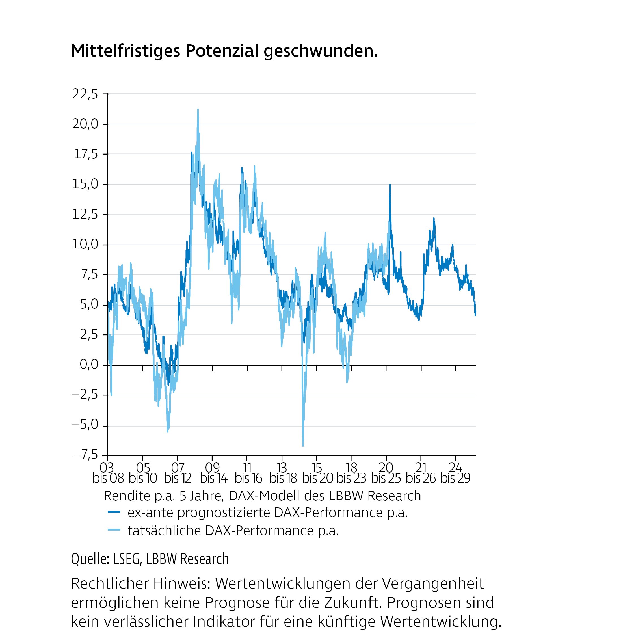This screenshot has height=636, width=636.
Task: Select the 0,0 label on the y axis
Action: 89,365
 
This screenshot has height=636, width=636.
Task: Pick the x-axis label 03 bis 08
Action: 108,473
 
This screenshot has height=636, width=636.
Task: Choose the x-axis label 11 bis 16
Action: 248,473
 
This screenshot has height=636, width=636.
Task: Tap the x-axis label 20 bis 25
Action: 386,473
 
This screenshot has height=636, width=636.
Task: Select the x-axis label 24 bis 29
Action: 455,473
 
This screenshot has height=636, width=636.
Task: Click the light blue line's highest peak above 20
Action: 198,110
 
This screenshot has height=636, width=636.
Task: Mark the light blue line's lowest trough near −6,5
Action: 303,445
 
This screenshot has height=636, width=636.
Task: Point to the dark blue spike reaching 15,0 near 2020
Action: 390,185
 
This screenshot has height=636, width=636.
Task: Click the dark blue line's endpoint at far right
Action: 475,314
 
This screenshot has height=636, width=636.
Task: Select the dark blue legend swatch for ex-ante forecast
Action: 114,512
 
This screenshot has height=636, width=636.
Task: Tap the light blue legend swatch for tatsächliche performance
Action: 114,530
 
